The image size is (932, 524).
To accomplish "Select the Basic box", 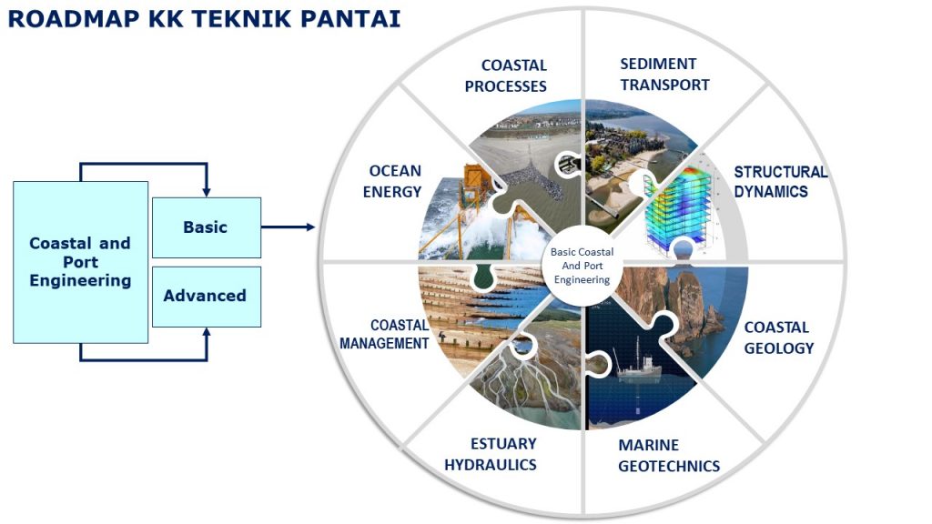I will pyautogui.click(x=206, y=227).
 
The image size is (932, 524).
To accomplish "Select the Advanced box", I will pyautogui.click(x=206, y=296).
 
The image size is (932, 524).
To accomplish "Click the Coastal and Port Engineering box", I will pyautogui.click(x=80, y=262).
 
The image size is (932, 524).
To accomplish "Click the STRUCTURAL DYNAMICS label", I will pyautogui.click(x=780, y=182).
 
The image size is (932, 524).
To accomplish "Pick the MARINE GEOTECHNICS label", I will pyautogui.click(x=668, y=456).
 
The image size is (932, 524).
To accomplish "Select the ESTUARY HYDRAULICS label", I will pyautogui.click(x=491, y=454).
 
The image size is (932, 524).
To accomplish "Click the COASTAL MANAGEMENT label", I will pyautogui.click(x=385, y=334).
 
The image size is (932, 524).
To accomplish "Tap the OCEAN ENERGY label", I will pyautogui.click(x=395, y=181).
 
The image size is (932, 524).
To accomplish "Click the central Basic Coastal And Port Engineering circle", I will pyautogui.click(x=582, y=266).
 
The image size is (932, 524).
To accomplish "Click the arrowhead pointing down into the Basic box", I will pyautogui.click(x=206, y=191).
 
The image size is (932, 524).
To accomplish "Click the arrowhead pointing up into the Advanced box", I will pyautogui.click(x=206, y=333).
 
